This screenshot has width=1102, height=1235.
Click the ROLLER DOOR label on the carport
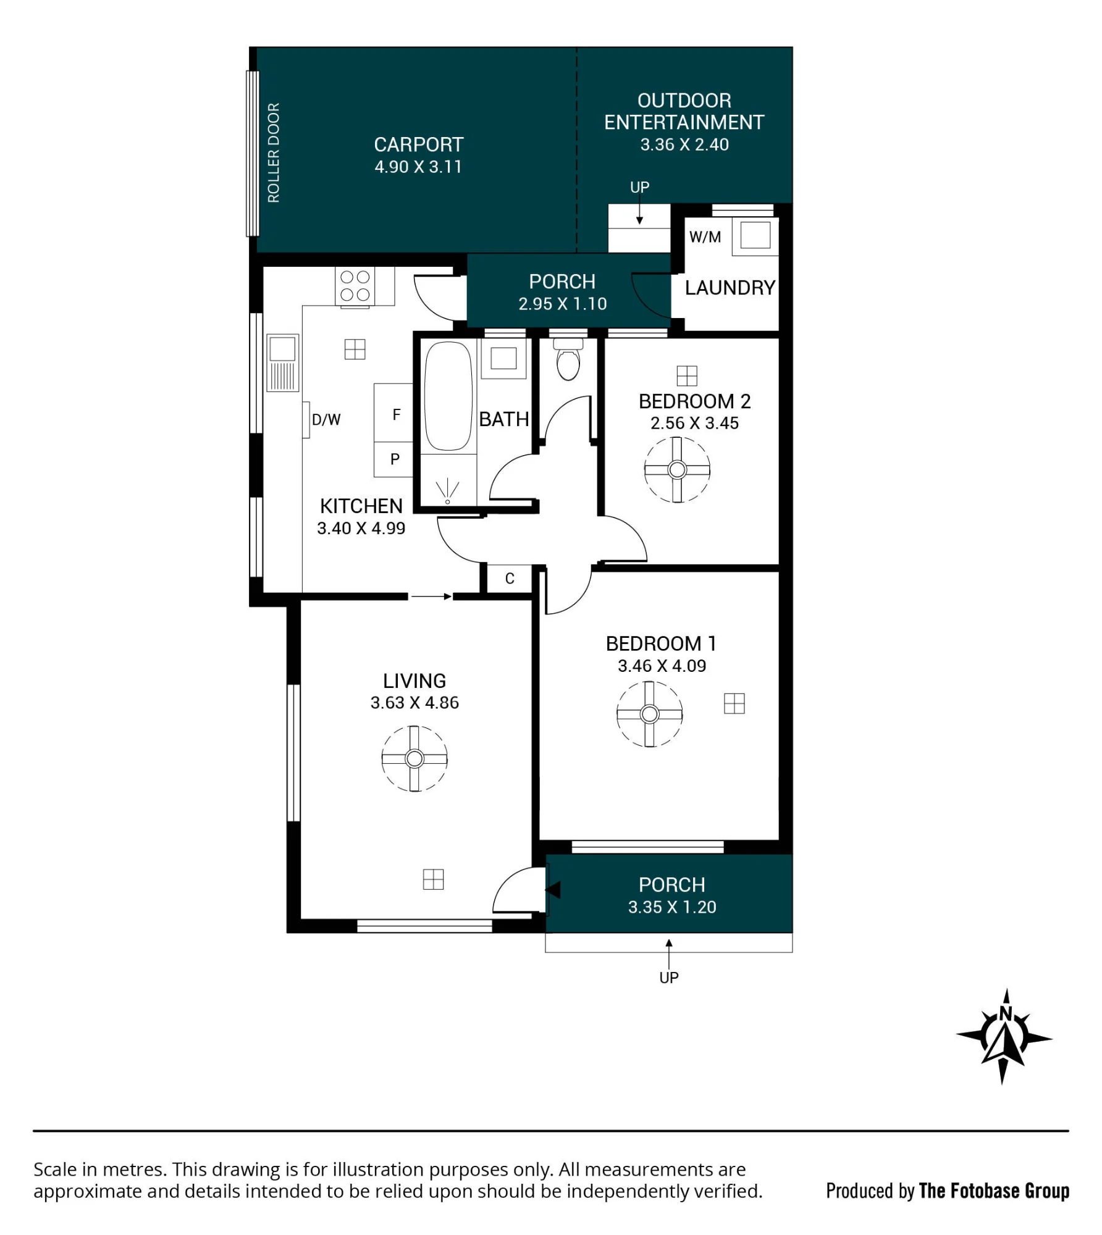pyautogui.click(x=273, y=153)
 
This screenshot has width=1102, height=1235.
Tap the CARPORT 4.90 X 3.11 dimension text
pyautogui.click(x=418, y=167)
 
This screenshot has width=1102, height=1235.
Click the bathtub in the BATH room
pyautogui.click(x=448, y=396)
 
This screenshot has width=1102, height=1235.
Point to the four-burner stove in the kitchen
pyautogui.click(x=355, y=286)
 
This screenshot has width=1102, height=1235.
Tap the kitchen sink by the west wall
pyautogui.click(x=282, y=362)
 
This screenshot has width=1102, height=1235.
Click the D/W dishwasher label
pyautogui.click(x=326, y=420)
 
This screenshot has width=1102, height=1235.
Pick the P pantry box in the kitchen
pyautogui.click(x=393, y=459)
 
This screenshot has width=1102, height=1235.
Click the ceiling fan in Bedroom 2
pyautogui.click(x=677, y=470)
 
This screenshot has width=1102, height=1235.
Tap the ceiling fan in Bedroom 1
pyautogui.click(x=649, y=714)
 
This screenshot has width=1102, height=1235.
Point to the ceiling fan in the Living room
pyautogui.click(x=414, y=758)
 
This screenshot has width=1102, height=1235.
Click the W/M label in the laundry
pyautogui.click(x=705, y=237)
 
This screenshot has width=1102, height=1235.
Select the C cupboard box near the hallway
pyautogui.click(x=510, y=579)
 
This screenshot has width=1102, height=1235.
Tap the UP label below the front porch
pyautogui.click(x=669, y=978)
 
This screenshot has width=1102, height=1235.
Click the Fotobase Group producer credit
pyautogui.click(x=948, y=1191)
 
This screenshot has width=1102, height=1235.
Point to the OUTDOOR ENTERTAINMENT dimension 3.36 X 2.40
pyautogui.click(x=684, y=144)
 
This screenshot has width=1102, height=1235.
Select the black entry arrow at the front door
pyautogui.click(x=553, y=890)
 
